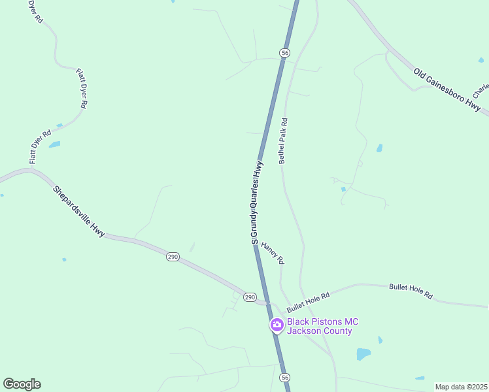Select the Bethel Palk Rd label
283,140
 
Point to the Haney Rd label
273,253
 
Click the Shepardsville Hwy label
79,210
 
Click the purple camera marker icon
277,325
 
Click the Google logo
22,384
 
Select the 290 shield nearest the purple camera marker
250,297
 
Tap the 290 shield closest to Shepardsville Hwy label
172,257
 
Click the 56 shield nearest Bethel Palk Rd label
284,52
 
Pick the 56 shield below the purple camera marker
284,378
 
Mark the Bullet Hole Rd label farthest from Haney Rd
411,291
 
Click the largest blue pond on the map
363,353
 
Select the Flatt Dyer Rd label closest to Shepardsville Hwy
40,146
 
